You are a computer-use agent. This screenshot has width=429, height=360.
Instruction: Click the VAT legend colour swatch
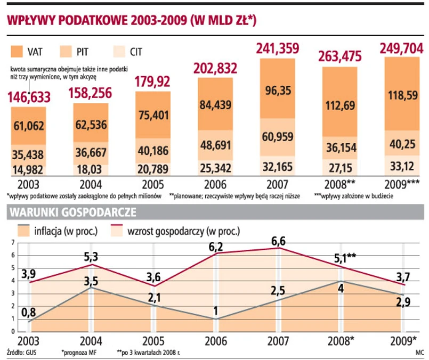coord(20,52)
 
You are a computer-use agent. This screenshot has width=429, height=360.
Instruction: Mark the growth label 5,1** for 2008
coord(344,258)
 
